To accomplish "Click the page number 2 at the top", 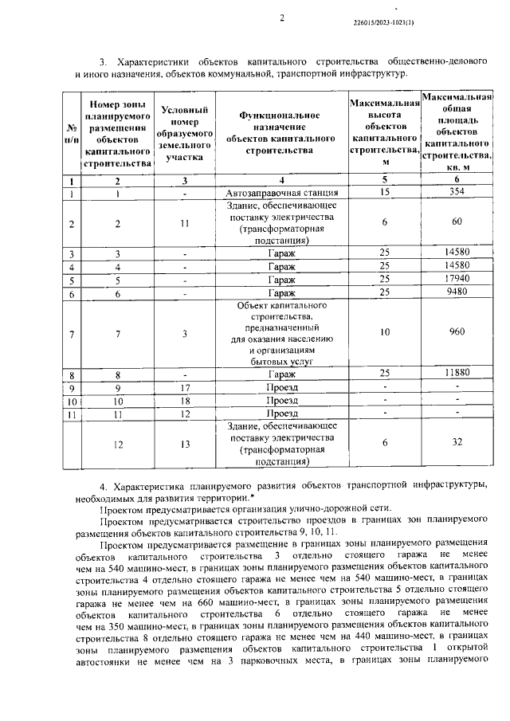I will click(x=282, y=19).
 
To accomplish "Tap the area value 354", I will click(x=456, y=193).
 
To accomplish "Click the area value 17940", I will click(x=456, y=280).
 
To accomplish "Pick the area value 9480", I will click(x=456, y=293).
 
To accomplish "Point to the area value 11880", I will click(x=456, y=374).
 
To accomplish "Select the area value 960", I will click(x=456, y=333).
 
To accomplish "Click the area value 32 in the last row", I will click(x=456, y=442).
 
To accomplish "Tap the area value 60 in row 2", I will click(x=456, y=222).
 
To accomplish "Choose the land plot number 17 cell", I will click(x=184, y=387).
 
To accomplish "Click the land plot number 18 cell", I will click(x=184, y=401).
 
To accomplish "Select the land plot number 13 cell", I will click(x=184, y=442).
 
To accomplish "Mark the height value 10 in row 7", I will click(x=385, y=333).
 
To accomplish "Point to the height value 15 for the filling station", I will click(x=385, y=193).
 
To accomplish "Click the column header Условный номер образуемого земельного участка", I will click(x=184, y=134).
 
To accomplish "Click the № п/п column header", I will click(x=71, y=133).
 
